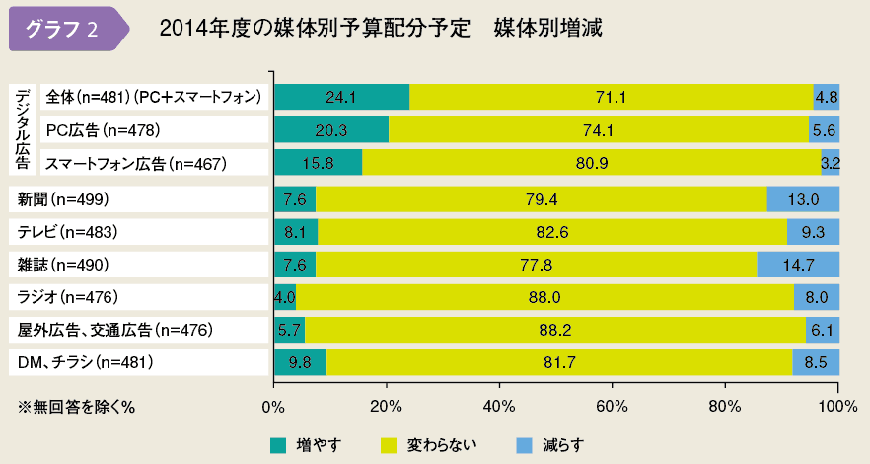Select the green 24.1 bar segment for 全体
click(341, 97)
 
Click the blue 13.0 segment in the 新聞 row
click(803, 200)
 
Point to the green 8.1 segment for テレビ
click(296, 233)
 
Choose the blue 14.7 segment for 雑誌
click(798, 265)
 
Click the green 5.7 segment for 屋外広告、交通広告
click(289, 330)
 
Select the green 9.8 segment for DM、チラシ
click(300, 362)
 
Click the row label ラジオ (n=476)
click(68, 297)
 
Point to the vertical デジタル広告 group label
click(23, 128)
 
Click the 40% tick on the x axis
click(499, 406)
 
